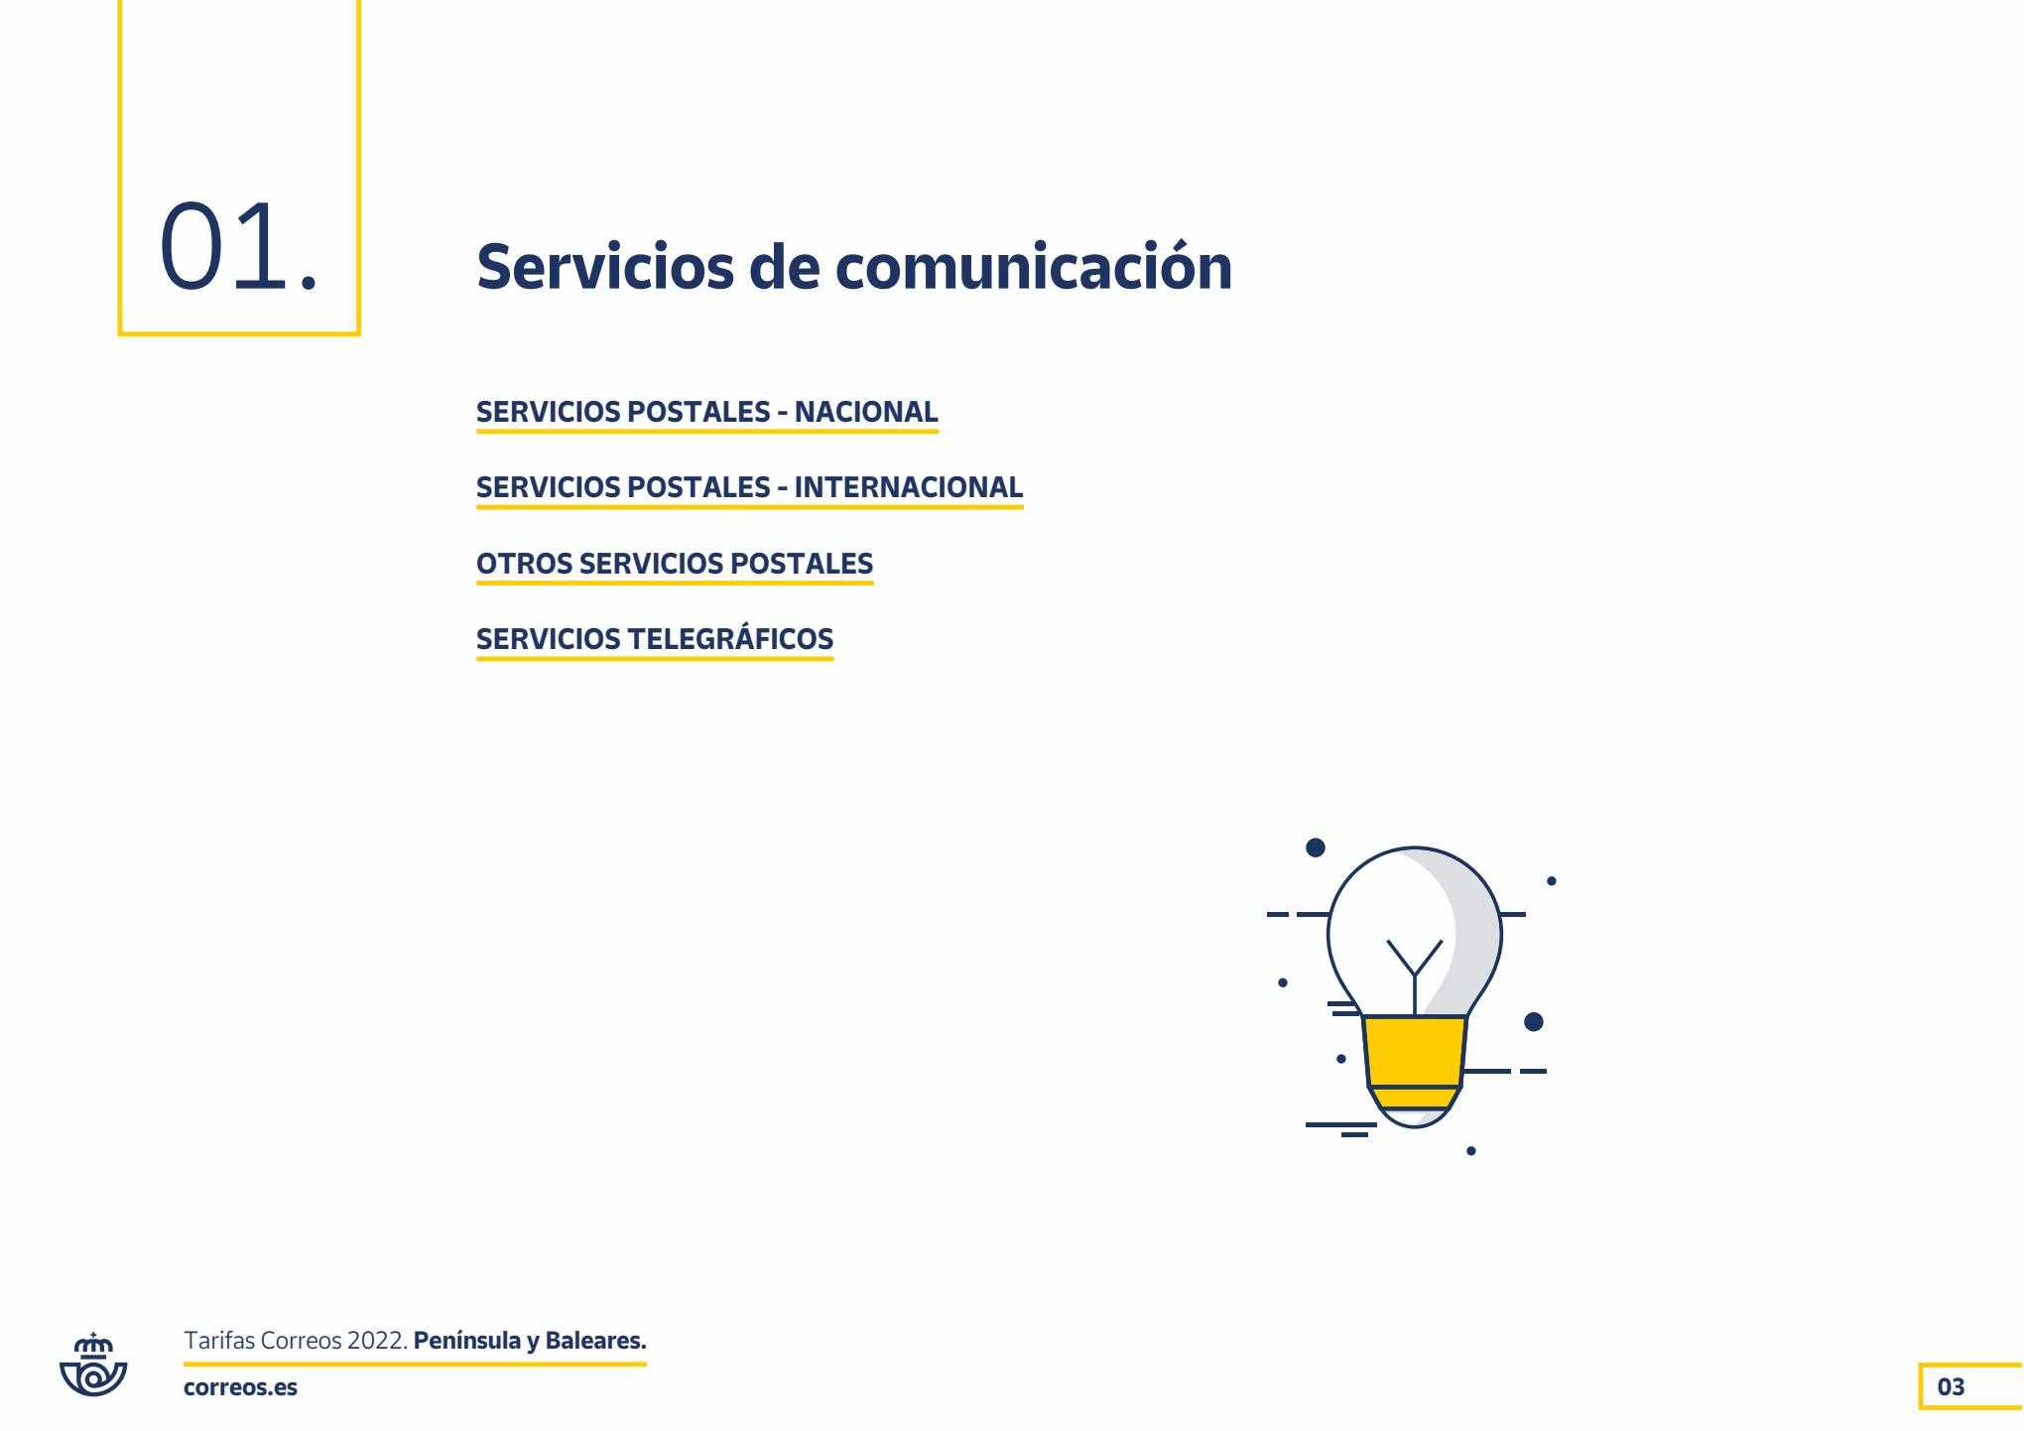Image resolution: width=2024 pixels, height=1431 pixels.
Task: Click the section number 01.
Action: pyautogui.click(x=239, y=246)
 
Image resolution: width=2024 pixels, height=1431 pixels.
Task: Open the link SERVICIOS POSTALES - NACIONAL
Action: pyautogui.click(x=706, y=412)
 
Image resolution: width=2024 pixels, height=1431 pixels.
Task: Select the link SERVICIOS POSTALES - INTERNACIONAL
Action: pyautogui.click(x=749, y=487)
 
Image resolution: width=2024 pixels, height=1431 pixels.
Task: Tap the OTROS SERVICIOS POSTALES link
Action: pyautogui.click(x=675, y=564)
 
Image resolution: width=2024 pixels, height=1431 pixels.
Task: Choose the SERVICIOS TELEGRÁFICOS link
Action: pyautogui.click(x=655, y=639)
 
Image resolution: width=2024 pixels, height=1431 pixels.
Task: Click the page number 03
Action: pyautogui.click(x=1951, y=1386)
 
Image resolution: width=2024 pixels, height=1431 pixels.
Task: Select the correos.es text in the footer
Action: pyautogui.click(x=240, y=1387)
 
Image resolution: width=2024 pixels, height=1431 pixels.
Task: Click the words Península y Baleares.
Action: pyautogui.click(x=530, y=1342)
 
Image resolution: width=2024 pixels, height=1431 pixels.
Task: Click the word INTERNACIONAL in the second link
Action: pyautogui.click(x=909, y=487)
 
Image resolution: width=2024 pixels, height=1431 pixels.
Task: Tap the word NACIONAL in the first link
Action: pyautogui.click(x=866, y=412)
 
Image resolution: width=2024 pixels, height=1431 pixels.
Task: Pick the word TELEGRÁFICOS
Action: pyautogui.click(x=731, y=639)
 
